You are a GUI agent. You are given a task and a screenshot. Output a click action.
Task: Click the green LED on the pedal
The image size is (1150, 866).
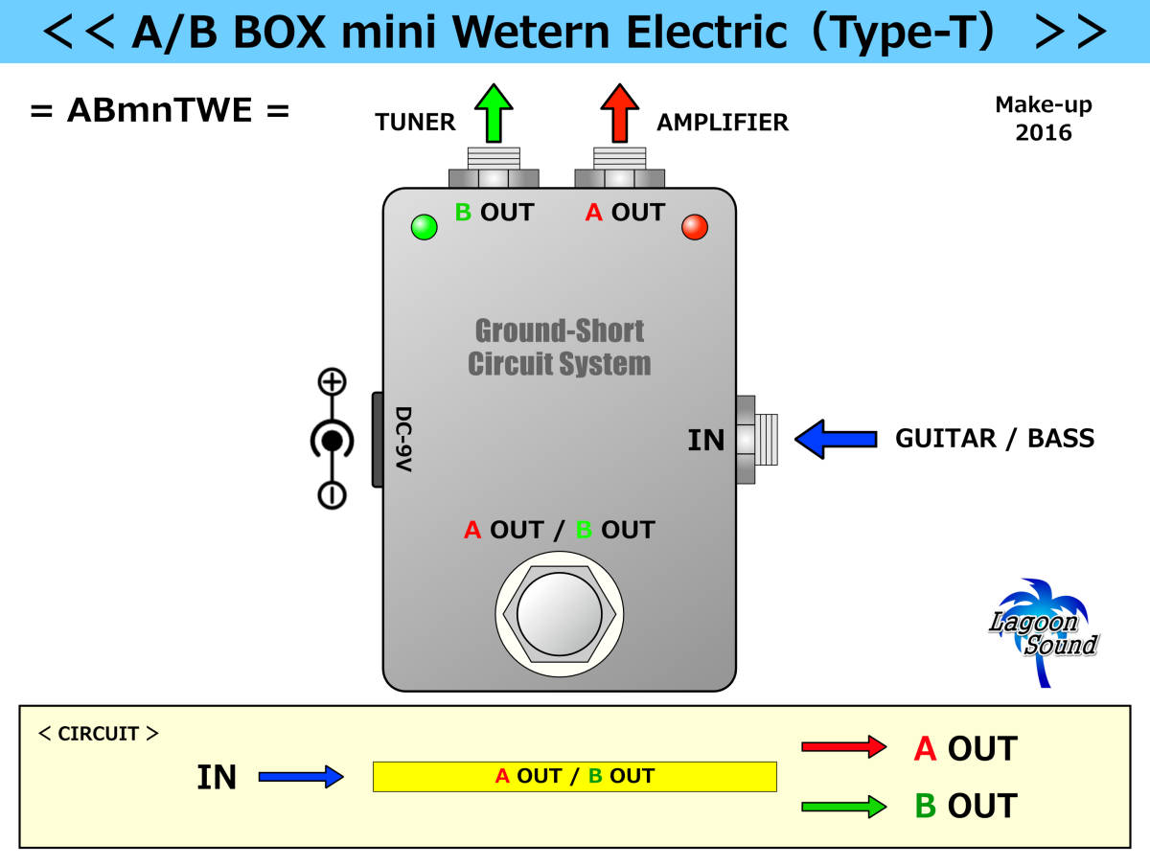coord(424,227)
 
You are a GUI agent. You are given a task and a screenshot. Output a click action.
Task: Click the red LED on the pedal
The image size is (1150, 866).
coord(694,227)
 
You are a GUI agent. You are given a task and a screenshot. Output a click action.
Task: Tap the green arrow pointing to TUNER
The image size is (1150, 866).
coord(494,113)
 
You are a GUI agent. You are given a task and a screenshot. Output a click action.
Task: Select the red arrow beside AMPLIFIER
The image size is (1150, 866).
coord(619,113)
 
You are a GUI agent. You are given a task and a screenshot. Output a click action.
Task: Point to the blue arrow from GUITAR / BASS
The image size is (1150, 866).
coord(836,439)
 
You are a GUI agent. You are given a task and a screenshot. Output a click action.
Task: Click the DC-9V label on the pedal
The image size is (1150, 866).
coord(403,440)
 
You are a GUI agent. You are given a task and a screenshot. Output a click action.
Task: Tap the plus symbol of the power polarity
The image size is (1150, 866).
coord(332,383)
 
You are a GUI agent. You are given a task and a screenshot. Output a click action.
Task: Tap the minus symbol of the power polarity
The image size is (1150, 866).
coord(332,494)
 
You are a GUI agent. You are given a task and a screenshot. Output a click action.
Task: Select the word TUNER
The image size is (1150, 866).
coord(415,123)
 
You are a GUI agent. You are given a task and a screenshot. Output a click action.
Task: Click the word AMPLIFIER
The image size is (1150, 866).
coord(723,123)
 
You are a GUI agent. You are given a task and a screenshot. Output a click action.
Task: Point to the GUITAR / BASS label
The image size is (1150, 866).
coord(994,439)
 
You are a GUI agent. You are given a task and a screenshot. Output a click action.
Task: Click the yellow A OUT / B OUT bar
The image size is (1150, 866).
coord(574,776)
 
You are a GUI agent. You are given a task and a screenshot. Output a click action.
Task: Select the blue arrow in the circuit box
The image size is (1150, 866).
coord(300,776)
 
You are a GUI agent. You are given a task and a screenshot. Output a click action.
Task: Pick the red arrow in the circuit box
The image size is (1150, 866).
coord(842,747)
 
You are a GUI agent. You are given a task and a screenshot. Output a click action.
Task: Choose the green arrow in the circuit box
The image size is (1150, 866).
coord(842,807)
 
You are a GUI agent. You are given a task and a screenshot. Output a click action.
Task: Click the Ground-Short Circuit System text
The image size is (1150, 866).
coord(560,348)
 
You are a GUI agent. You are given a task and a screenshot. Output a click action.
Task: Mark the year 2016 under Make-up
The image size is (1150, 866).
coord(1043,132)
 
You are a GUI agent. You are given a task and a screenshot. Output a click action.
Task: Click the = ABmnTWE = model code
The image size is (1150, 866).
coord(159,110)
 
